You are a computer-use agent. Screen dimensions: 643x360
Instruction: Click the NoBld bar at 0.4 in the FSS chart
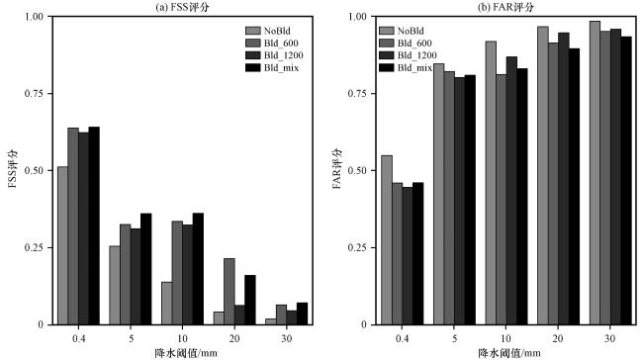coord(62,245)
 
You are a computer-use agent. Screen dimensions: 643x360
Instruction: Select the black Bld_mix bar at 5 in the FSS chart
coord(146,269)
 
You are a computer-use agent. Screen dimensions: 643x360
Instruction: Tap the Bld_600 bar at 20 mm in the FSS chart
coord(230,292)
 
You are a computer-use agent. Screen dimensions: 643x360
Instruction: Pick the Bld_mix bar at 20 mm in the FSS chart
coord(250,300)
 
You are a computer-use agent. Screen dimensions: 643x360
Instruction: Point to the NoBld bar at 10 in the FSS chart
coord(166,304)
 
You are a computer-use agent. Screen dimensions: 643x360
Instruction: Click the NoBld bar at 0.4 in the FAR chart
coord(386,240)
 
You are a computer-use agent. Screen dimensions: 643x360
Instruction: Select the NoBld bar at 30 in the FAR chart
coord(595,173)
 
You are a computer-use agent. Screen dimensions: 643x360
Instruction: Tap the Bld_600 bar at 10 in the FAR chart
coord(501,200)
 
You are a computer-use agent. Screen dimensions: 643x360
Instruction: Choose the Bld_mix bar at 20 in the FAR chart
coord(574,187)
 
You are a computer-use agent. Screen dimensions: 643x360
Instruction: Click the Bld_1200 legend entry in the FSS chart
coord(274,55)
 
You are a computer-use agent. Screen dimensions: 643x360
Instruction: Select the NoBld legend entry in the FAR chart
coord(402,31)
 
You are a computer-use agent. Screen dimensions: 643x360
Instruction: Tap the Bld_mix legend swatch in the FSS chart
coord(253,67)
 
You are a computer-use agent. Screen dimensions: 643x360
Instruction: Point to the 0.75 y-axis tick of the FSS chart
coord(34,94)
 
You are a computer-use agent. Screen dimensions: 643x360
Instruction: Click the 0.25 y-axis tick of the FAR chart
coord(357,247)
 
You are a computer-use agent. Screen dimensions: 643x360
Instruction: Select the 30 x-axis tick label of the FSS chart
coord(286,338)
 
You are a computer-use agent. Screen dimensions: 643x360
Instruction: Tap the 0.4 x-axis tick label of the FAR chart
coord(402,338)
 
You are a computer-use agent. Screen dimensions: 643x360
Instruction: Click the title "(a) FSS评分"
coord(182,7)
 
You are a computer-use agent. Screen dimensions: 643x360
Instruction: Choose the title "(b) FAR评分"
coord(505,7)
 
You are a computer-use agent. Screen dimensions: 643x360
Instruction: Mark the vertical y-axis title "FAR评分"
coord(337,169)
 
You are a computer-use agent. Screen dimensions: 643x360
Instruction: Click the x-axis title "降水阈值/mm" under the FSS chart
coord(186,353)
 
